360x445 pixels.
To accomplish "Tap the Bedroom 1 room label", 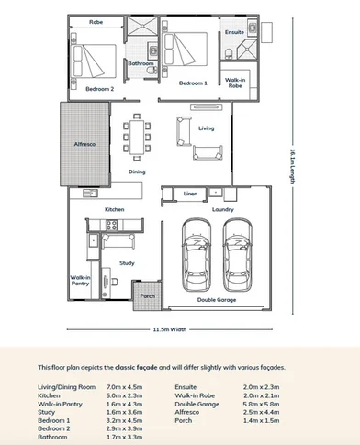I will (x=192, y=83).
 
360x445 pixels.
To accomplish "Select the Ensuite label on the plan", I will (x=234, y=32).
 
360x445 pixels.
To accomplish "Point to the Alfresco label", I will (x=85, y=145).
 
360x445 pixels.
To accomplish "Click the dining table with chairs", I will (x=137, y=138).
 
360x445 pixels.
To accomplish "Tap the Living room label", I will (x=206, y=128).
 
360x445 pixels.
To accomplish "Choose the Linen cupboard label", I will (x=190, y=195).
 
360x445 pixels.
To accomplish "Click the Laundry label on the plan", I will (x=223, y=209).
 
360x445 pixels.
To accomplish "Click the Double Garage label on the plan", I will (x=218, y=298).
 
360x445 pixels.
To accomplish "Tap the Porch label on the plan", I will (x=146, y=295).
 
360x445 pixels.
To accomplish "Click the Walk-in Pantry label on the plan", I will (x=81, y=280).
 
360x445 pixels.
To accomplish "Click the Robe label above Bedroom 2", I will (x=95, y=21).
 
